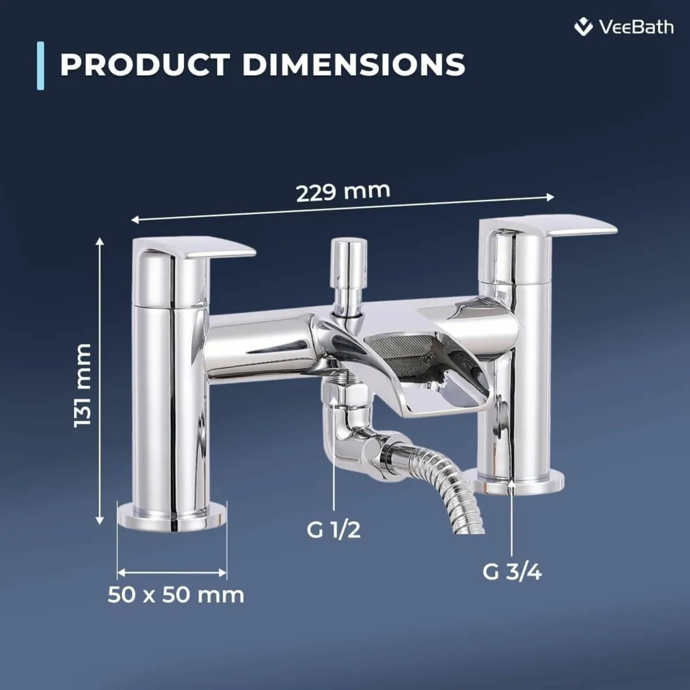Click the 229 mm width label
(x=343, y=190)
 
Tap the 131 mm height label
(x=83, y=385)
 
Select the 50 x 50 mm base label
(x=176, y=595)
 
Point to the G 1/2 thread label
(x=333, y=530)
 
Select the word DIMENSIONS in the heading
(x=354, y=64)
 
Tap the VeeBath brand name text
(x=636, y=27)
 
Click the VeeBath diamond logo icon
(x=584, y=27)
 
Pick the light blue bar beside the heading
(x=40, y=66)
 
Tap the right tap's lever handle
(x=569, y=225)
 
